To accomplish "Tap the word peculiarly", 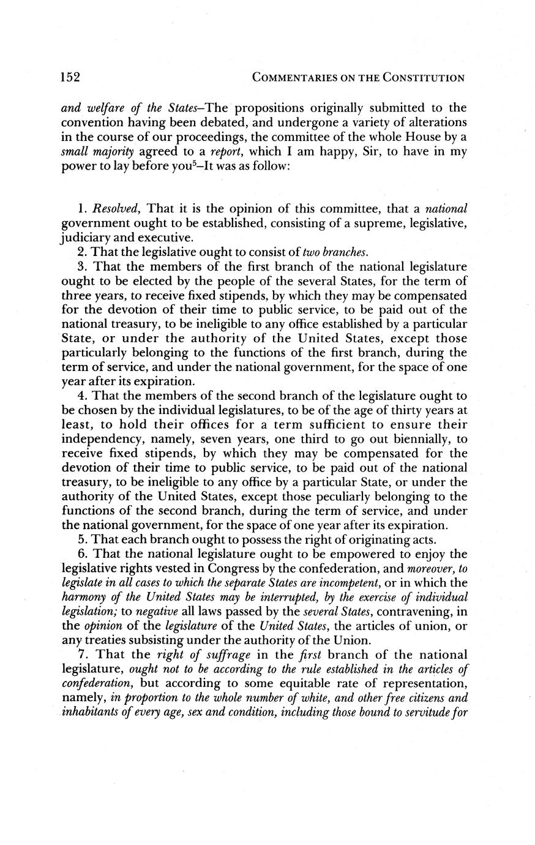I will (x=334, y=497).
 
